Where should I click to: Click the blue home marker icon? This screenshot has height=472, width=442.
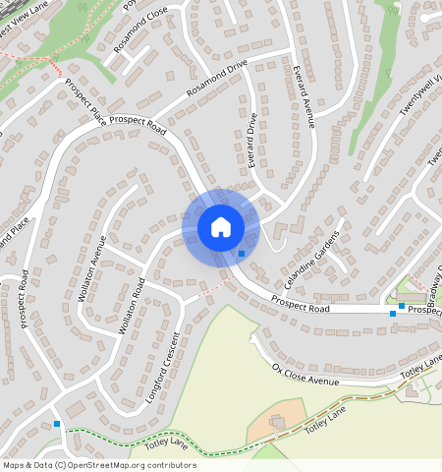(221, 227)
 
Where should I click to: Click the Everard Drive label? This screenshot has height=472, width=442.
(252, 139)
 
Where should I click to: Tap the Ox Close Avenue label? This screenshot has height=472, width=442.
(304, 375)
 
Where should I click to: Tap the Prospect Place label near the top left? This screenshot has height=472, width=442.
(85, 96)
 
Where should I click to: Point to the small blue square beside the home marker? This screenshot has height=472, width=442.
(242, 254)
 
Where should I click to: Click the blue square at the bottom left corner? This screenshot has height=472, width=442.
(57, 424)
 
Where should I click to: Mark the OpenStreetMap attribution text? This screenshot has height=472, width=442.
(99, 465)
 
